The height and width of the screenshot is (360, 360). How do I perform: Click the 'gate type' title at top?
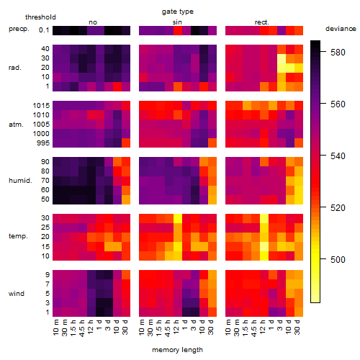[x=178, y=12]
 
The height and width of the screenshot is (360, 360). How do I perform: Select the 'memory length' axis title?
[x=177, y=350]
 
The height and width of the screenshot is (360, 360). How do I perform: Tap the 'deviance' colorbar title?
[x=341, y=29]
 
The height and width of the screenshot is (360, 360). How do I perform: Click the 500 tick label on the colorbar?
[x=338, y=259]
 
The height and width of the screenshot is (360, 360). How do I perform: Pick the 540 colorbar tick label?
[x=338, y=156]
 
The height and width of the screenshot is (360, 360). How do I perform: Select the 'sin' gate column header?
[x=177, y=22]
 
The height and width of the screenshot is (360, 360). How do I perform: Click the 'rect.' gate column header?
[x=261, y=22]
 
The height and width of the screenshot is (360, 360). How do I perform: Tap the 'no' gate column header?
[x=93, y=22]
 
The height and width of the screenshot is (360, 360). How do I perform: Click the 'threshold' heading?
[x=40, y=17]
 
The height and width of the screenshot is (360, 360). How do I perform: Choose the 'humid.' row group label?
[x=20, y=181]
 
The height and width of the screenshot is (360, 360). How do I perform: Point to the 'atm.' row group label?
[x=16, y=125]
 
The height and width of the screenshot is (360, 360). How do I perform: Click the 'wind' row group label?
[x=17, y=294]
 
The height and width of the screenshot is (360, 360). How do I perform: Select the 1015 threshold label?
[x=41, y=106]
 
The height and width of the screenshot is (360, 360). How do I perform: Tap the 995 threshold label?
[x=43, y=143]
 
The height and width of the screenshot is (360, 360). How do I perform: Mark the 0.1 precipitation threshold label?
[x=44, y=30]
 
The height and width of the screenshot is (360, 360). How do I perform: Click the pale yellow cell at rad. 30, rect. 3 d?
[x=282, y=58]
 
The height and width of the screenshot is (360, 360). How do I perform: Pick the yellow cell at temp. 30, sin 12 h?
[x=178, y=219]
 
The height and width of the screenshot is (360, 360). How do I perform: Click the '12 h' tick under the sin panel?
[x=176, y=327]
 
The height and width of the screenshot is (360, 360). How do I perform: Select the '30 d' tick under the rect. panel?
[x=297, y=328]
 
